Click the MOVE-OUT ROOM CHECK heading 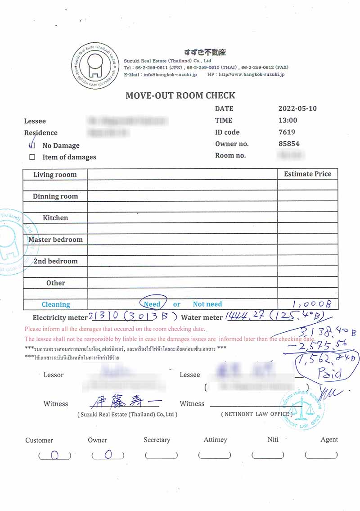(180, 95)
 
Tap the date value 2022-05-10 (297, 109)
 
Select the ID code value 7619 (287, 132)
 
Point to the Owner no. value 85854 (289, 144)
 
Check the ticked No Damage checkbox (32, 145)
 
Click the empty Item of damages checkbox (32, 157)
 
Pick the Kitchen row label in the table (55, 218)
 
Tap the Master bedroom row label (55, 240)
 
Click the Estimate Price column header (307, 174)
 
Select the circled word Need (153, 304)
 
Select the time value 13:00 (288, 120)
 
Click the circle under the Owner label (108, 455)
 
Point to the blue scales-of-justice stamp (303, 409)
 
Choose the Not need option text (207, 304)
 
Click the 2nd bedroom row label (55, 261)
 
